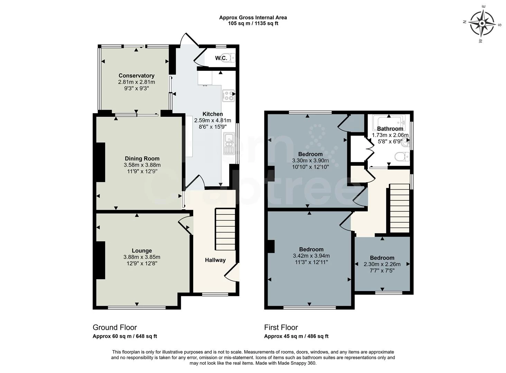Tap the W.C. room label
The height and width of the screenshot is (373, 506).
tap(221, 58)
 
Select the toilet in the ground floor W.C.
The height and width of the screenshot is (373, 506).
tap(232, 58)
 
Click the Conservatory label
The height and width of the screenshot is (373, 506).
tap(137, 76)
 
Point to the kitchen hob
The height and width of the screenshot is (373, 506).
tap(228, 96)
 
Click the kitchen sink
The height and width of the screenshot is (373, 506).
tap(229, 144)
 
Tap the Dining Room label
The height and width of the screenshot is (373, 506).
tap(142, 159)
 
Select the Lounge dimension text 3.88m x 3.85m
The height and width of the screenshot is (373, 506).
tap(142, 257)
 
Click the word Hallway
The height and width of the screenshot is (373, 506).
tap(215, 260)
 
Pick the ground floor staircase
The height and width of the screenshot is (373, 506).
tap(225, 229)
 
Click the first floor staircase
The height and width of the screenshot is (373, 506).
tap(400, 208)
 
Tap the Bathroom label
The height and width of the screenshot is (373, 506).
tap(390, 129)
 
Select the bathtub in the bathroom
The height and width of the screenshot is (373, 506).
tap(389, 122)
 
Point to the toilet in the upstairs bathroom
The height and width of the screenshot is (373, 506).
tap(402, 156)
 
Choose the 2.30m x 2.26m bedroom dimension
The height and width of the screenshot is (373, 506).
tap(382, 264)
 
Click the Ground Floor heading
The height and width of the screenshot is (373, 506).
tap(115, 327)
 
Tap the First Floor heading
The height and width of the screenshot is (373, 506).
tap(281, 327)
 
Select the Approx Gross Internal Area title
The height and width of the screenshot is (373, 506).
tap(253, 18)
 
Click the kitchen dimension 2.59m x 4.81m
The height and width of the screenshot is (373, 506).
tap(213, 121)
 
